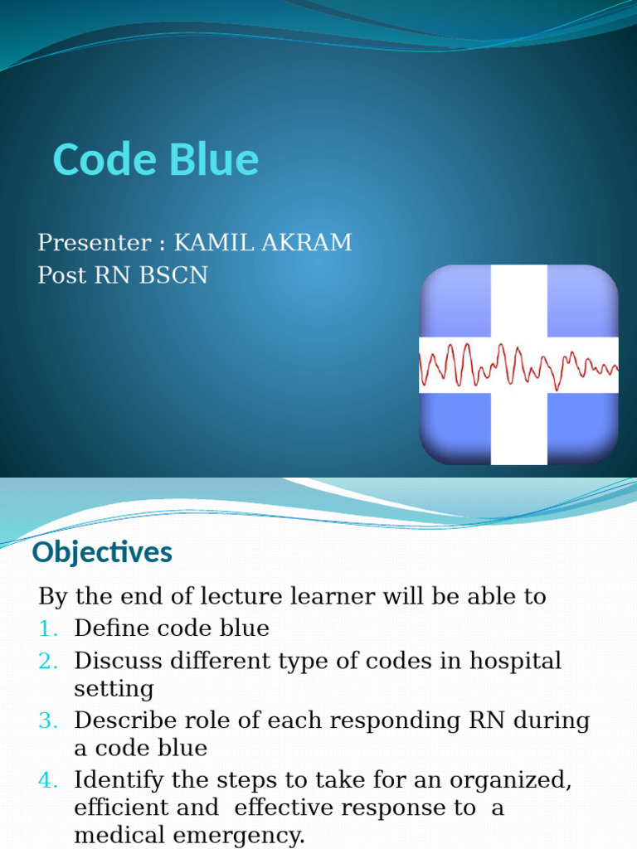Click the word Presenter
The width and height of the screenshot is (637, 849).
[92, 243]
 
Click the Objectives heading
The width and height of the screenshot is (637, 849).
[102, 552]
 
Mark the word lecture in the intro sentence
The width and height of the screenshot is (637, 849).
[229, 596]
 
